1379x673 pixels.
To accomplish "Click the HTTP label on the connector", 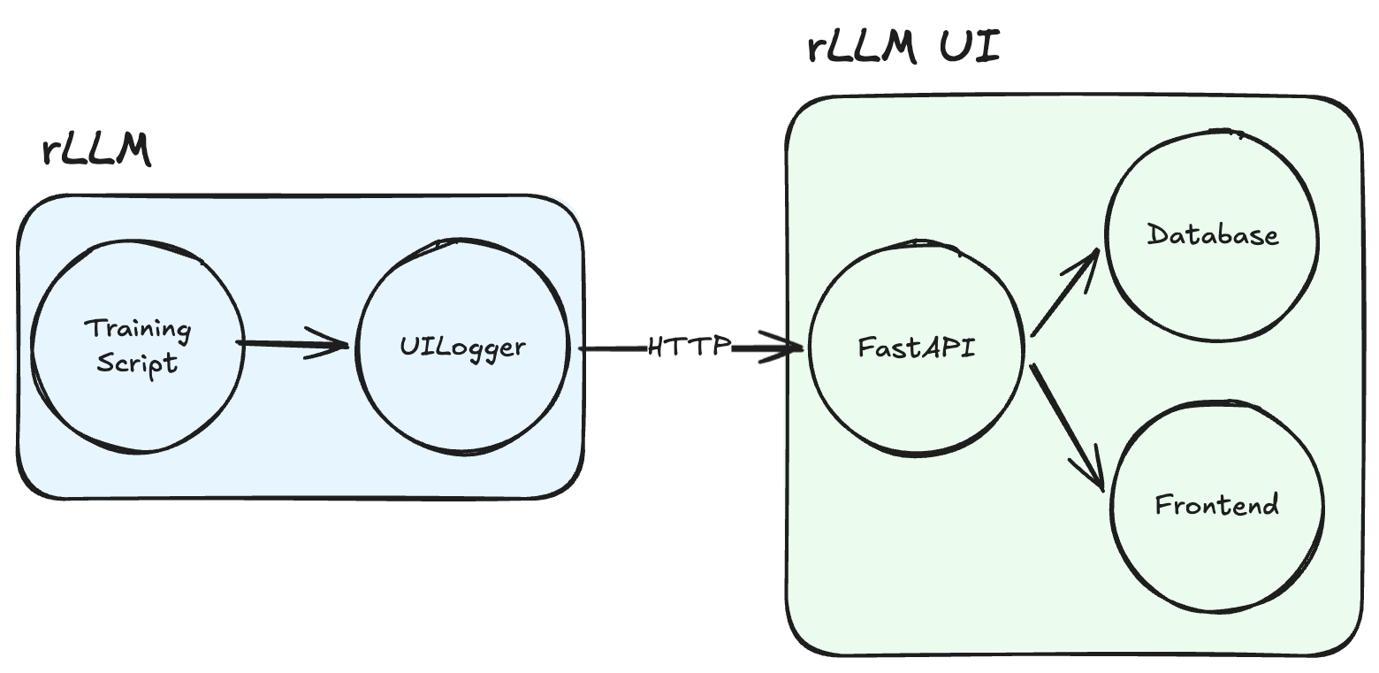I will tap(689, 346).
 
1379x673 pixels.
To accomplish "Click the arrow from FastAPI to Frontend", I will tap(1067, 424).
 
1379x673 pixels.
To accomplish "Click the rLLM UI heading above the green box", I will tap(903, 48).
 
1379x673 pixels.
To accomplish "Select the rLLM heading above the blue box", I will tap(96, 150).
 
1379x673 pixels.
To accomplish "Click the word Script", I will tap(137, 363).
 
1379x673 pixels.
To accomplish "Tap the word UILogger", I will tap(461, 347).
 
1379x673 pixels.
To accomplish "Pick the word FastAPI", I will tap(916, 347).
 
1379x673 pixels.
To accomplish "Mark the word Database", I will tap(1212, 235).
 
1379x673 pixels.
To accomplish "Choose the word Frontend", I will tap(1216, 505).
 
